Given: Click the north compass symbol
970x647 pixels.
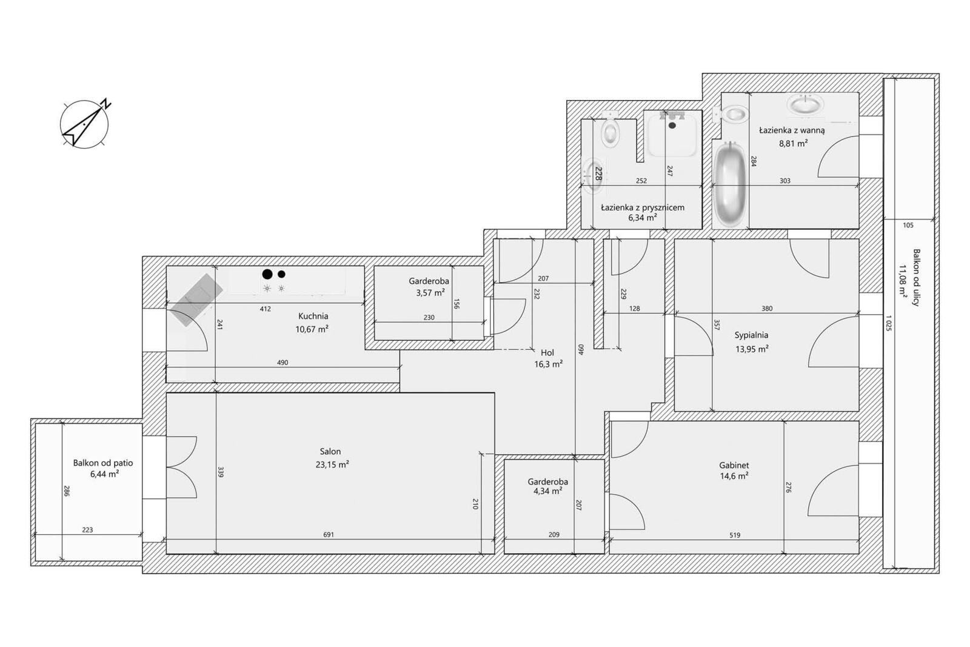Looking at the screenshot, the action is [85, 124].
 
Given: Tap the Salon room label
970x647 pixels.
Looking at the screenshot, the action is [330, 451].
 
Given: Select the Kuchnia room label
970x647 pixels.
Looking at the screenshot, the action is [313, 316].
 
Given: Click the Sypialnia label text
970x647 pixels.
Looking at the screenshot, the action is [751, 335].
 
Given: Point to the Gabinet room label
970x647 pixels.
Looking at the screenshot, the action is [734, 466].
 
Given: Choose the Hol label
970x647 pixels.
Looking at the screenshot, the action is [547, 352].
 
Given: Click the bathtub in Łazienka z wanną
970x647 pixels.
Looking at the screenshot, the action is [731, 185].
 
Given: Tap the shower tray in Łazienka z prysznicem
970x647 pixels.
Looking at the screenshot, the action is [672, 133].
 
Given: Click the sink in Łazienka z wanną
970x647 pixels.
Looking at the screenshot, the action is [805, 105].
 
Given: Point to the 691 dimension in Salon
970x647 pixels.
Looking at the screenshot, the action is [329, 535].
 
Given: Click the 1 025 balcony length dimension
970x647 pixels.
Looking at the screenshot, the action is [888, 323].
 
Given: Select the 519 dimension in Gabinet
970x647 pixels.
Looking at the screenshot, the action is [735, 535].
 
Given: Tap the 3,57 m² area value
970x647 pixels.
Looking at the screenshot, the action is [430, 293].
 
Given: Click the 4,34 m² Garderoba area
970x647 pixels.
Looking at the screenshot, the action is [548, 491].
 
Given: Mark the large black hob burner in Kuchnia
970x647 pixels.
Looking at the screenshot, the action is [267, 274].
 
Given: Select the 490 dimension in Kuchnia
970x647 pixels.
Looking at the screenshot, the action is [283, 363].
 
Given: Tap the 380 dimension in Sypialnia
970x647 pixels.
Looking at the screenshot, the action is [767, 309].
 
